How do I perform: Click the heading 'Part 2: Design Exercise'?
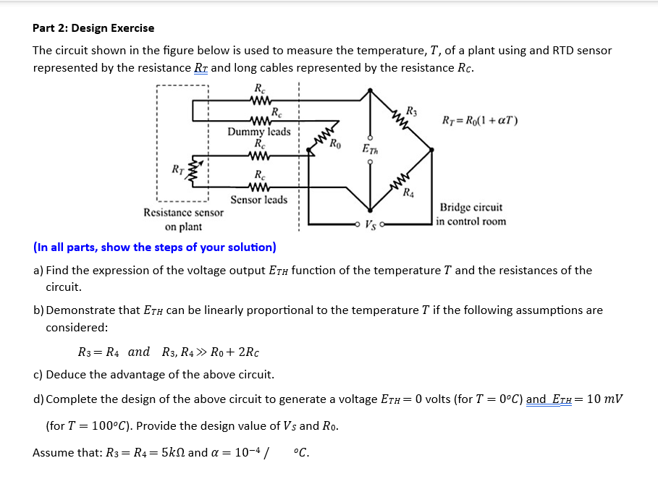click(x=93, y=28)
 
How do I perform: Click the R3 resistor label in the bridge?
click(x=411, y=111)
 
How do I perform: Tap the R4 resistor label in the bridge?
click(x=410, y=192)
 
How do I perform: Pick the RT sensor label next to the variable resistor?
click(x=176, y=171)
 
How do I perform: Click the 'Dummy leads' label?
click(x=258, y=132)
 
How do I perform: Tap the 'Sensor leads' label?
click(x=258, y=200)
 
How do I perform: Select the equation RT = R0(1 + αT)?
click(x=479, y=119)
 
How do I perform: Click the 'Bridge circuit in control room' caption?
click(x=471, y=214)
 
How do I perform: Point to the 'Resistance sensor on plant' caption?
click(x=183, y=219)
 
